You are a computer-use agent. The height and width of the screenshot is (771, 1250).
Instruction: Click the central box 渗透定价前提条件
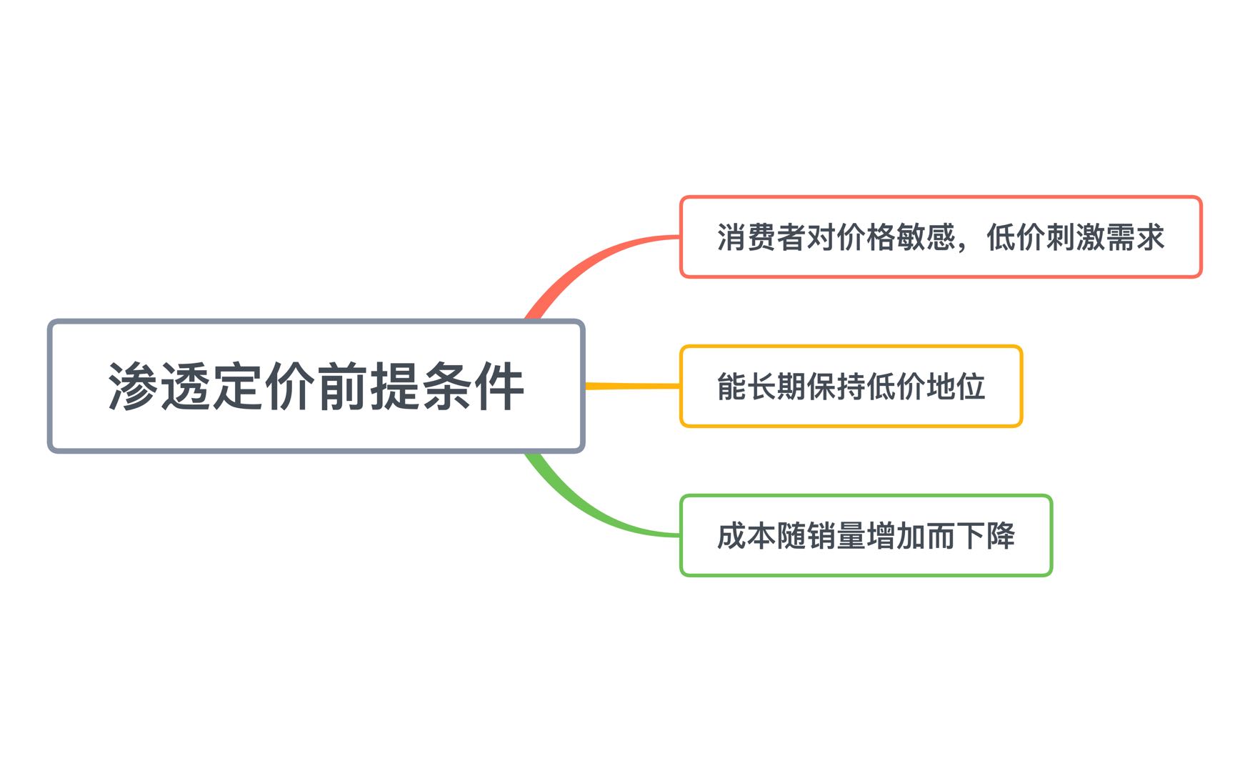(316, 386)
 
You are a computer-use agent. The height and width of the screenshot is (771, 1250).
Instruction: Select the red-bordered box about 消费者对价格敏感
(941, 237)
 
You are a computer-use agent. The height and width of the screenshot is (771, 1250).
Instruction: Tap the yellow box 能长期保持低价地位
(851, 386)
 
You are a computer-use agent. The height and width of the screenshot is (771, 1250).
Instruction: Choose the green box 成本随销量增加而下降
(866, 535)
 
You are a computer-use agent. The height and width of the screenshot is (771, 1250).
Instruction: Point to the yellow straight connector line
(632, 386)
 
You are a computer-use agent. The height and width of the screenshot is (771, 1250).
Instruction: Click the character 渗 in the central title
(133, 386)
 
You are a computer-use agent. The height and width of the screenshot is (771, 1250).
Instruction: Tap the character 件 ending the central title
(499, 386)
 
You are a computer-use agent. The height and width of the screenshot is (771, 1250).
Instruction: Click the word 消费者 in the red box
(761, 237)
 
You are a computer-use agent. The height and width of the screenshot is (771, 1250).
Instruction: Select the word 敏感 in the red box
(926, 237)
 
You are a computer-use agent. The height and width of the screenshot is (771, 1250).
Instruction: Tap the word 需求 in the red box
(1135, 237)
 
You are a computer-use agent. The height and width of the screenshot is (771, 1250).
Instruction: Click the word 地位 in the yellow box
(956, 387)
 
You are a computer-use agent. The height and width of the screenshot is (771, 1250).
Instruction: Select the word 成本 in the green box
(746, 536)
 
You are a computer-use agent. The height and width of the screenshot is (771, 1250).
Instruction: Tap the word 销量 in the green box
(836, 536)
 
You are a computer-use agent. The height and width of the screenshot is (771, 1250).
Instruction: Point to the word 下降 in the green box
(986, 536)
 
